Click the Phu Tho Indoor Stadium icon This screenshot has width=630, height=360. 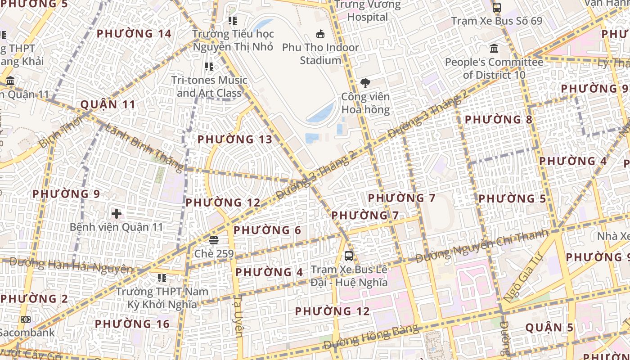320,34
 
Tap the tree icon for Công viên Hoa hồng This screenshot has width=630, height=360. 365,83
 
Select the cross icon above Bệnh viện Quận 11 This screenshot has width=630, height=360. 117,213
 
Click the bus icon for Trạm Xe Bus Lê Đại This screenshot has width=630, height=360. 349,256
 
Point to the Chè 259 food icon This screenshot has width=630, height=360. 214,240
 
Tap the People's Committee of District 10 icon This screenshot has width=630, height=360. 494,48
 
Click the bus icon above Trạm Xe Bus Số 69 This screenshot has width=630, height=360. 497,8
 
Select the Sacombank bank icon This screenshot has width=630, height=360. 26,319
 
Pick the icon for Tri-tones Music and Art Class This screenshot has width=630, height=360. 209,67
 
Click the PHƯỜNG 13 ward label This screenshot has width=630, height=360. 235,139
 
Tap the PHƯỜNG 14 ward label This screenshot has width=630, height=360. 134,34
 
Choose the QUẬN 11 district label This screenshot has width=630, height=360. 108,105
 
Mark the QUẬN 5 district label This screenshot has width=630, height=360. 549,328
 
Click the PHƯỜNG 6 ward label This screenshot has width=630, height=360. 267,230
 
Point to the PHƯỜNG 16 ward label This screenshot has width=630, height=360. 132,324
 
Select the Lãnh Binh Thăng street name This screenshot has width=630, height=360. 144,147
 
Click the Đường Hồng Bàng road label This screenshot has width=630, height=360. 371,337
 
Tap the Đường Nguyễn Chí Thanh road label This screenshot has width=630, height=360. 482,246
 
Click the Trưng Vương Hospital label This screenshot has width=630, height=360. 368,11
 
